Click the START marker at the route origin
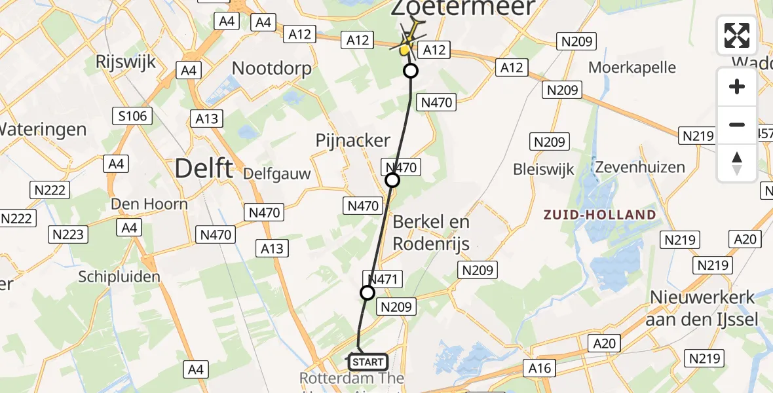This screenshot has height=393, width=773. point(368,362)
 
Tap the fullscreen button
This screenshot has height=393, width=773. point(737,35)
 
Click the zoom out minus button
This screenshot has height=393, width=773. point(737,124)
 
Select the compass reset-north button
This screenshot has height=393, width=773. point(737,162)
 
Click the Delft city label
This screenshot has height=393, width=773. point(203,168)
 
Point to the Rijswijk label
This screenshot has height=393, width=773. point(126,62)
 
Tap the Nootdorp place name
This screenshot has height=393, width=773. point(272,68)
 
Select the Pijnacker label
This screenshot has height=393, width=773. point(352,140)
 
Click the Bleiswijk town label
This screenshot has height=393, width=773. point(544,170)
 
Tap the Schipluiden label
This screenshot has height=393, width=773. point(119,276)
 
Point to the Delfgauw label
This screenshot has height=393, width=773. point(276,174)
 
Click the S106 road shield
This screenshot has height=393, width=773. point(132,117)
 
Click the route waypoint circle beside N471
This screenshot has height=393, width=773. point(368,293)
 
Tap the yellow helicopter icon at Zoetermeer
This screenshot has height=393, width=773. point(407,43)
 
